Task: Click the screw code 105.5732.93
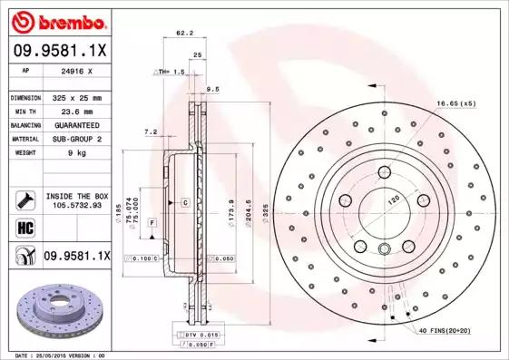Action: pos(78,205)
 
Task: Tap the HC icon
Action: pos(24,226)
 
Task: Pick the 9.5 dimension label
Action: pos(213,89)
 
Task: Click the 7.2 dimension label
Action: pos(152,132)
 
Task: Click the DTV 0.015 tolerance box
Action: pos(202,336)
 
